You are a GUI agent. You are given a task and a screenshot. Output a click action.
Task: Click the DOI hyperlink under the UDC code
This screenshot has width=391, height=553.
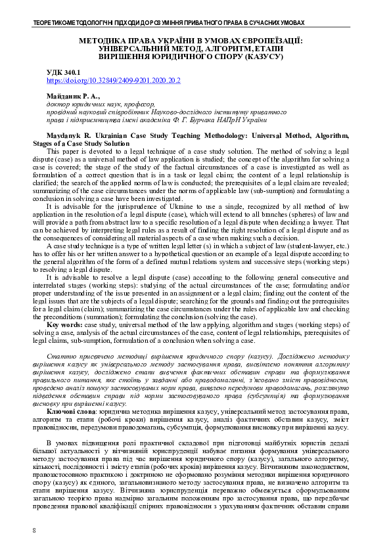113,80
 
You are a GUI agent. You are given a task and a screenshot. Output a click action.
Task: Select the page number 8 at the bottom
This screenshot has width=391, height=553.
34,529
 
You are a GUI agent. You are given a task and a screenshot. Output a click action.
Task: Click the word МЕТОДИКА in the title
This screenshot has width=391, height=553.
104,40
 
